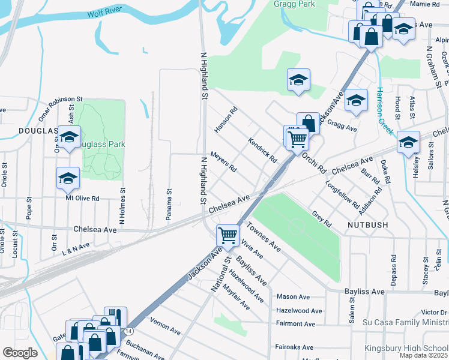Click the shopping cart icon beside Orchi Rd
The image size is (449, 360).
pos(297,139)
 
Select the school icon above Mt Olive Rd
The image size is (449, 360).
pos(68,178)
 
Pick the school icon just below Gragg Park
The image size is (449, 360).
pos(298,80)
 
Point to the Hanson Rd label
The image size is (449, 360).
pos(226,119)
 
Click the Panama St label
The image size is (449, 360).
pos(170,206)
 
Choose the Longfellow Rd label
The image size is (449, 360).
pos(342,193)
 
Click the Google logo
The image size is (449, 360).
pos(20,352)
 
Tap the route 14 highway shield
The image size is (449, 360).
pos(128,331)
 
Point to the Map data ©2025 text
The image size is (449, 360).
pos(423,355)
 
